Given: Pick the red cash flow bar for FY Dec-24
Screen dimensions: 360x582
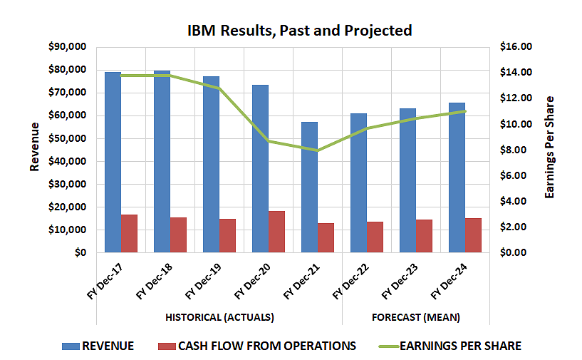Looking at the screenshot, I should click(x=474, y=235).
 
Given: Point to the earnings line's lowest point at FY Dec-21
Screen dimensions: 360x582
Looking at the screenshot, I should click(x=317, y=150).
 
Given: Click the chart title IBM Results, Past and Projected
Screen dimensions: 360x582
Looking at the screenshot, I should click(x=299, y=31).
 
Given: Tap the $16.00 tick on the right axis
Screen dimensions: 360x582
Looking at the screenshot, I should click(x=516, y=47).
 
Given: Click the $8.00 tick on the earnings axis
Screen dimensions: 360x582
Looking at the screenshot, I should click(x=516, y=150).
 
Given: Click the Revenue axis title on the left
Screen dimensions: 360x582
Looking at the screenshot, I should click(x=34, y=147).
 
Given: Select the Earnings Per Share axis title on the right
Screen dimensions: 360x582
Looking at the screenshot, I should click(x=549, y=147).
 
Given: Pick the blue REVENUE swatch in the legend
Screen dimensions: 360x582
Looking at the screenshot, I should click(x=70, y=346).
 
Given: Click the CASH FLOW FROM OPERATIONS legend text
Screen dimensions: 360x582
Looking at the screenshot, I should click(x=266, y=346).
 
